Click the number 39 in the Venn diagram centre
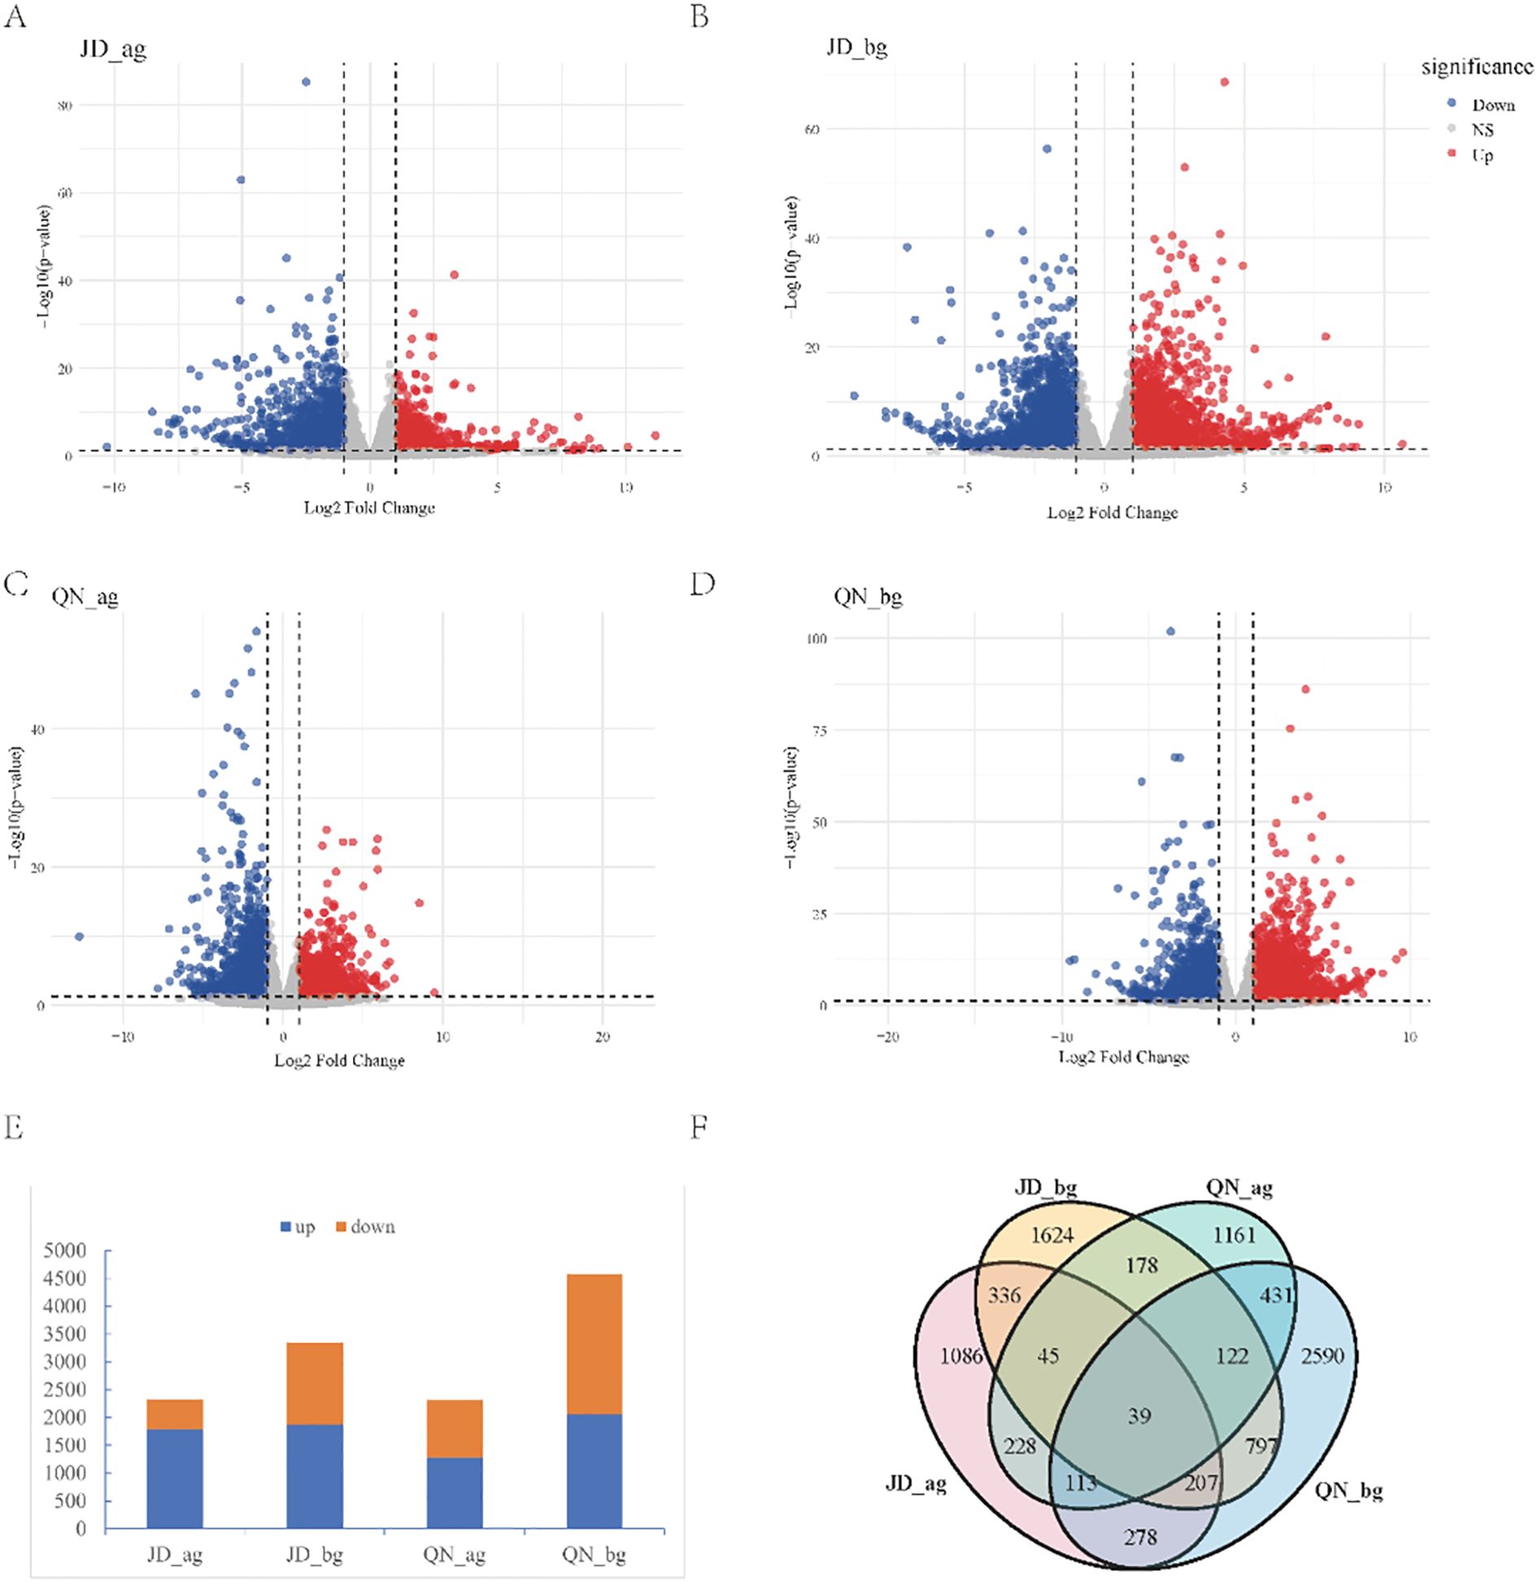pyautogui.click(x=1139, y=1416)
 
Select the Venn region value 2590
pyautogui.click(x=1322, y=1355)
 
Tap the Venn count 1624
pyautogui.click(x=1052, y=1236)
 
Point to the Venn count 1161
pyautogui.click(x=1234, y=1236)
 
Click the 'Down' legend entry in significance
pyautogui.click(x=1493, y=105)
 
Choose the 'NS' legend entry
pyautogui.click(x=1483, y=130)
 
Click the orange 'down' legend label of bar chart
pyautogui.click(x=372, y=1227)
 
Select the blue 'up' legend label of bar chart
pyautogui.click(x=305, y=1227)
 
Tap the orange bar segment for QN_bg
pyautogui.click(x=594, y=1344)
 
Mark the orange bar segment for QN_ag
pyautogui.click(x=455, y=1428)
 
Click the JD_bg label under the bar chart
pyautogui.click(x=315, y=1556)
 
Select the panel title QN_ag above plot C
pyautogui.click(x=85, y=598)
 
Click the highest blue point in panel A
pyautogui.click(x=306, y=82)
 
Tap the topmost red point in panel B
pyautogui.click(x=1224, y=82)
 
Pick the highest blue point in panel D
pyautogui.click(x=1170, y=631)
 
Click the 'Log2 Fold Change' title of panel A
pyautogui.click(x=369, y=508)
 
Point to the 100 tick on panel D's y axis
pyautogui.click(x=817, y=638)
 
